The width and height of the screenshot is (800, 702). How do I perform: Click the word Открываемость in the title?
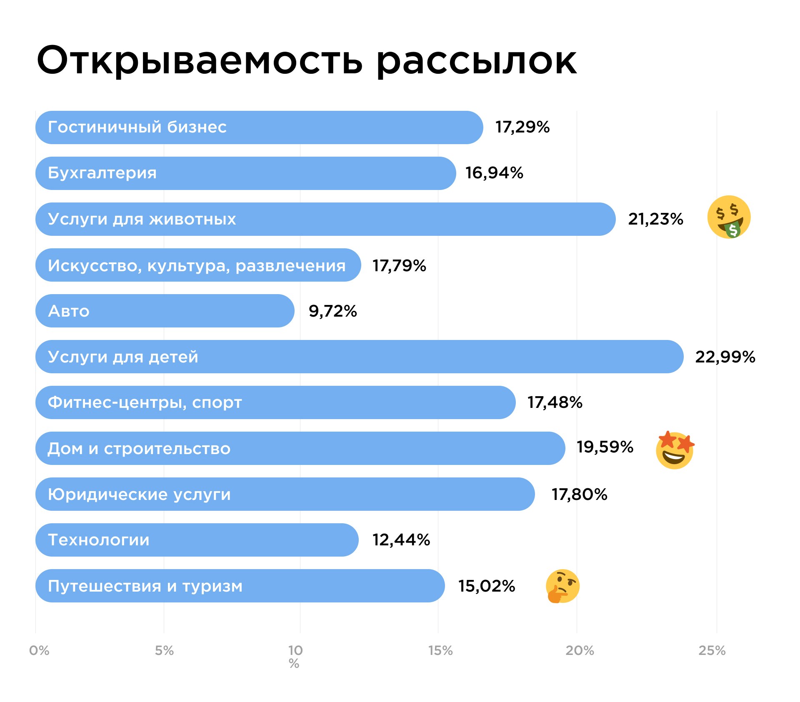[199, 61]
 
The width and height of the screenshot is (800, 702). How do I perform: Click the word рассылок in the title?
[476, 61]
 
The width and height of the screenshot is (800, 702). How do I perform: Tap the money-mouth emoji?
[729, 217]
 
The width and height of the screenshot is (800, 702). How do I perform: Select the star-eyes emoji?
[675, 450]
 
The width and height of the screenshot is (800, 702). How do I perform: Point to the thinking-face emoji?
[562, 586]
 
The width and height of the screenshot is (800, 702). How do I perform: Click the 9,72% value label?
[332, 311]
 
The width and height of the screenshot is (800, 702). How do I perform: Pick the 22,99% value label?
[725, 357]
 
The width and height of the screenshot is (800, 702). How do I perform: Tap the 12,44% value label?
[401, 540]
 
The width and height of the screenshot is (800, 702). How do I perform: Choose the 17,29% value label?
[522, 127]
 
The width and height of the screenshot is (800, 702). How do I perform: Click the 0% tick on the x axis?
[39, 650]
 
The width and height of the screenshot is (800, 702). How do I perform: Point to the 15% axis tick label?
[440, 650]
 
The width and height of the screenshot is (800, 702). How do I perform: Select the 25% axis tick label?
[712, 650]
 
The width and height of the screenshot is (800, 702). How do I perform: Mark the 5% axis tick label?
[164, 650]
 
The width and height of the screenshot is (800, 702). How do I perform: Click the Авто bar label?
[69, 311]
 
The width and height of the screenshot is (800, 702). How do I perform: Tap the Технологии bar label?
[99, 540]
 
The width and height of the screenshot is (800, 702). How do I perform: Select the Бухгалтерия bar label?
[102, 173]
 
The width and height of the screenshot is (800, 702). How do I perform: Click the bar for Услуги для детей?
[417, 357]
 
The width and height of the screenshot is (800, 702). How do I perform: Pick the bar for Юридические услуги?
[375, 494]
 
